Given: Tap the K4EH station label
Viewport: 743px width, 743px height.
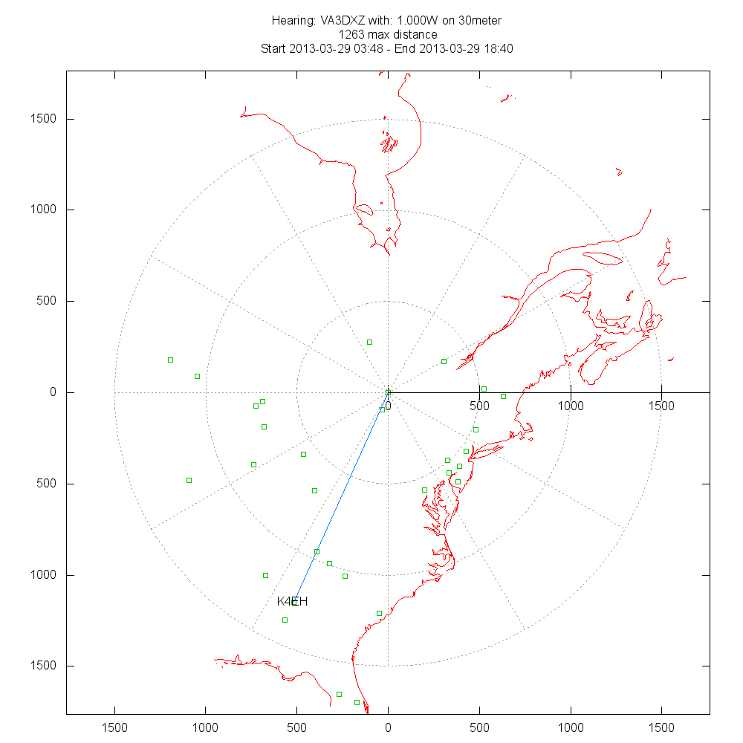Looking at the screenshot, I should [x=292, y=601].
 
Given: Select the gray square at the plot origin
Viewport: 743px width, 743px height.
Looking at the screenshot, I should [x=388, y=392].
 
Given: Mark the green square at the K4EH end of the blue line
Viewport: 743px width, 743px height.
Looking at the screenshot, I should [x=295, y=601].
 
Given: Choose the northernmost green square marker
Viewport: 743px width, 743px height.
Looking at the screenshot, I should [x=369, y=342].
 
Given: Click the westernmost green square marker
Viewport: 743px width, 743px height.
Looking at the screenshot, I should [x=170, y=360].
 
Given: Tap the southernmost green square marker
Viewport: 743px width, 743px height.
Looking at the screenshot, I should [x=357, y=702].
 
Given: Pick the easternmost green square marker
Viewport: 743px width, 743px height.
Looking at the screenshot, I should [x=503, y=396].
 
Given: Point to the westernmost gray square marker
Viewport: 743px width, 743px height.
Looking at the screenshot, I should [x=189, y=480].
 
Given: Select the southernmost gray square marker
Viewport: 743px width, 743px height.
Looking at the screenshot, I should [x=339, y=694].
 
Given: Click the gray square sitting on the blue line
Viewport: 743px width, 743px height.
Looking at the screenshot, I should [x=317, y=551].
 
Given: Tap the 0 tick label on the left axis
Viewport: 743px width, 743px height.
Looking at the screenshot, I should [x=53, y=392].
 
